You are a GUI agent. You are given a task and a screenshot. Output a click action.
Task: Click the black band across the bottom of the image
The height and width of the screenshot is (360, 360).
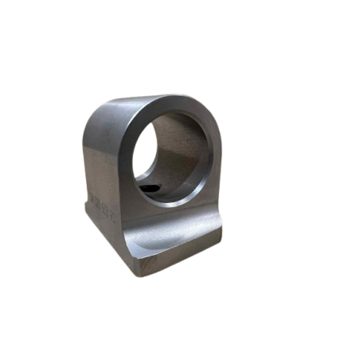tap(180, 338)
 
